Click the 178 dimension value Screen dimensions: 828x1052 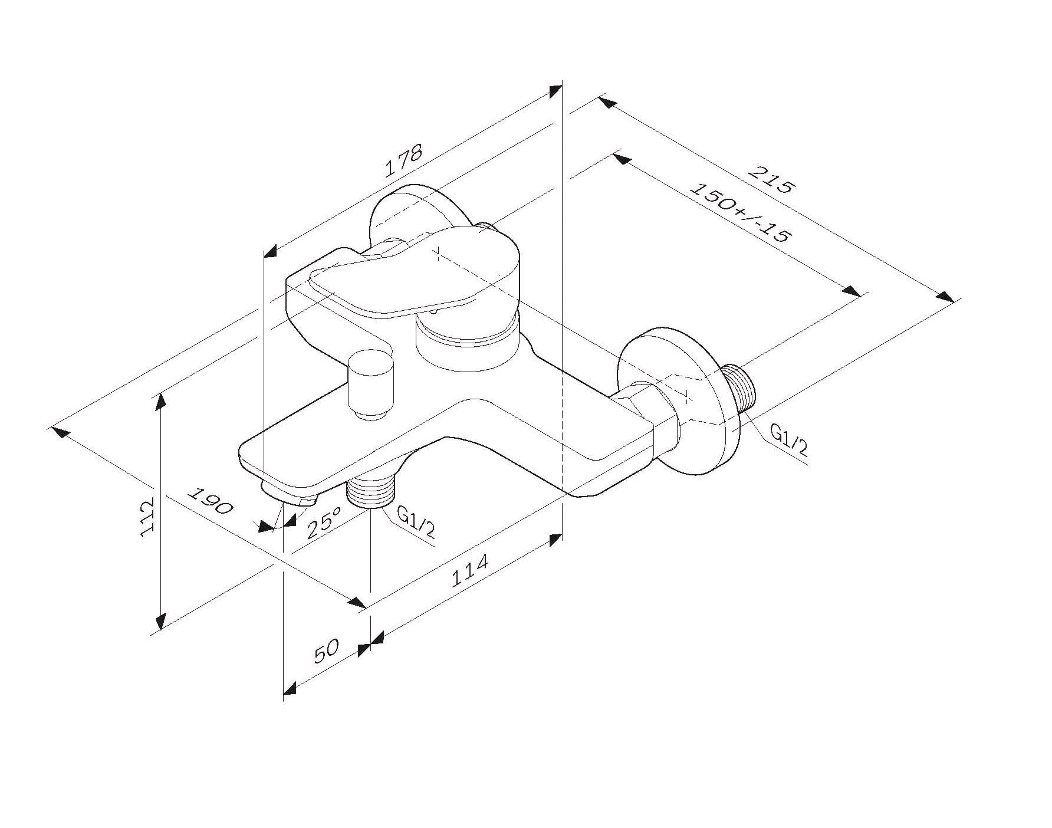pos(404,161)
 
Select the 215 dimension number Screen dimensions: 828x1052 pos(772,180)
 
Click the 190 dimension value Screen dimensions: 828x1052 pos(211,500)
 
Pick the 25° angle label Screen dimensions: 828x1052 pos(324,523)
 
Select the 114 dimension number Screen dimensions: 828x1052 pos(469,570)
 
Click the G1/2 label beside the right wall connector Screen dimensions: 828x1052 pos(789,442)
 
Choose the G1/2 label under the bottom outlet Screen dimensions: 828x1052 pos(416,522)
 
